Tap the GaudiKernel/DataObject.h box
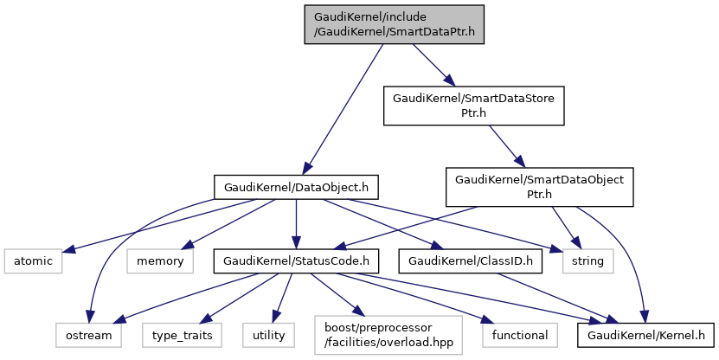point(296,186)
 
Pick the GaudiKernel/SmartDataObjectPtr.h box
point(539,186)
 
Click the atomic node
point(32,260)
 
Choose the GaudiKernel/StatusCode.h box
point(297,260)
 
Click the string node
point(588,260)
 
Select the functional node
point(521,334)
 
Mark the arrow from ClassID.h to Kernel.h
point(554,297)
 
